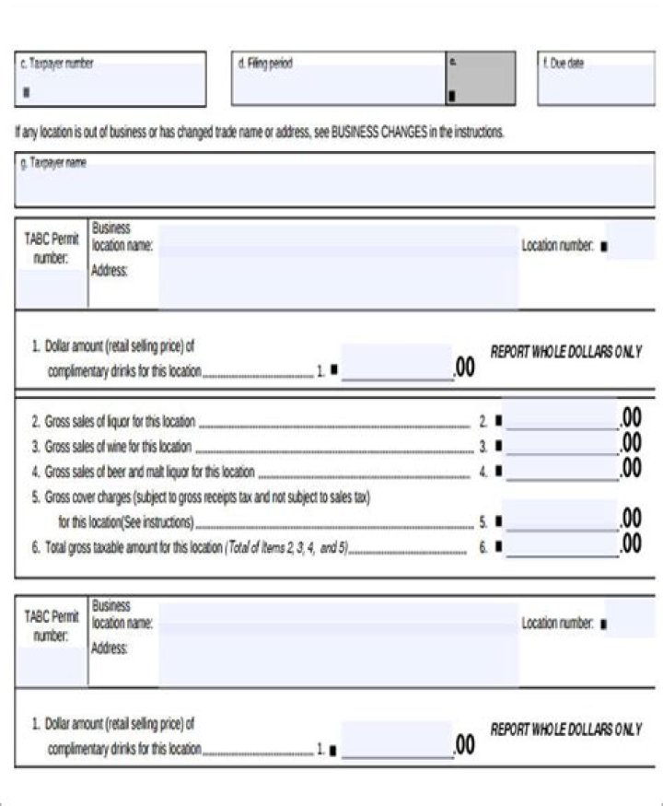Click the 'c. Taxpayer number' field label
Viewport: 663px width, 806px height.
(57, 64)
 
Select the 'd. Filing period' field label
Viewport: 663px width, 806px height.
(265, 64)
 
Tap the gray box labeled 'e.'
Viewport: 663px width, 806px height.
(480, 78)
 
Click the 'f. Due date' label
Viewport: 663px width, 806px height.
(563, 64)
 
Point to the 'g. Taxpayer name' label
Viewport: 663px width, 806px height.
(53, 162)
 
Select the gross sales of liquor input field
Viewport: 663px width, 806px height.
(561, 421)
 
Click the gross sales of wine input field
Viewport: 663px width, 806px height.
(561, 446)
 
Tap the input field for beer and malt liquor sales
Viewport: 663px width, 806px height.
(561, 471)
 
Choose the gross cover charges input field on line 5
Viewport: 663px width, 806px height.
(561, 520)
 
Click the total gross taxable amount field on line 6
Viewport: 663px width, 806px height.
(561, 545)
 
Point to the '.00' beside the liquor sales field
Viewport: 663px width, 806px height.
(631, 418)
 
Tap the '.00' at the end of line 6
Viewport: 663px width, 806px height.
(631, 543)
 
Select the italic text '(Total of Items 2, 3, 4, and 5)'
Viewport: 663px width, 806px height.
(285, 547)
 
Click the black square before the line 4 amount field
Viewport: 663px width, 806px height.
(498, 472)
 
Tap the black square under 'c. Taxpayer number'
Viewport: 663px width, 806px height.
(25, 91)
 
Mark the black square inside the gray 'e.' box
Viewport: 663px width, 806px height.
(451, 95)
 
